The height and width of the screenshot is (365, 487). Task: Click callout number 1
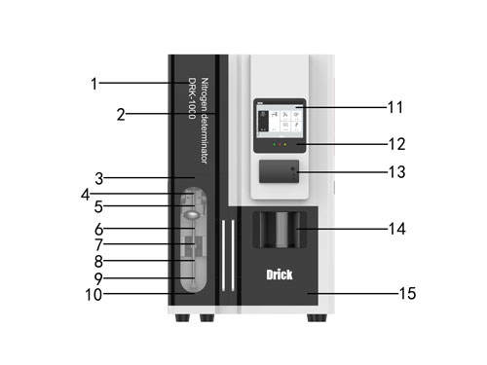(94, 84)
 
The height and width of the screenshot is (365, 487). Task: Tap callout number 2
(121, 115)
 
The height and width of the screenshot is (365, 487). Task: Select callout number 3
(99, 178)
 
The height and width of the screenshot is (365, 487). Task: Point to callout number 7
(98, 245)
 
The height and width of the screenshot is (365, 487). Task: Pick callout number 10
(94, 295)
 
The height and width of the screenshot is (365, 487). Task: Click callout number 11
(395, 107)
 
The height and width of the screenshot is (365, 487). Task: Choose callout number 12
(397, 144)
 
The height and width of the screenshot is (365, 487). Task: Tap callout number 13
(397, 172)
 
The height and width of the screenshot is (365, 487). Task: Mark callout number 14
(397, 229)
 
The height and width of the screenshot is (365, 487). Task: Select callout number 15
(407, 294)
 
